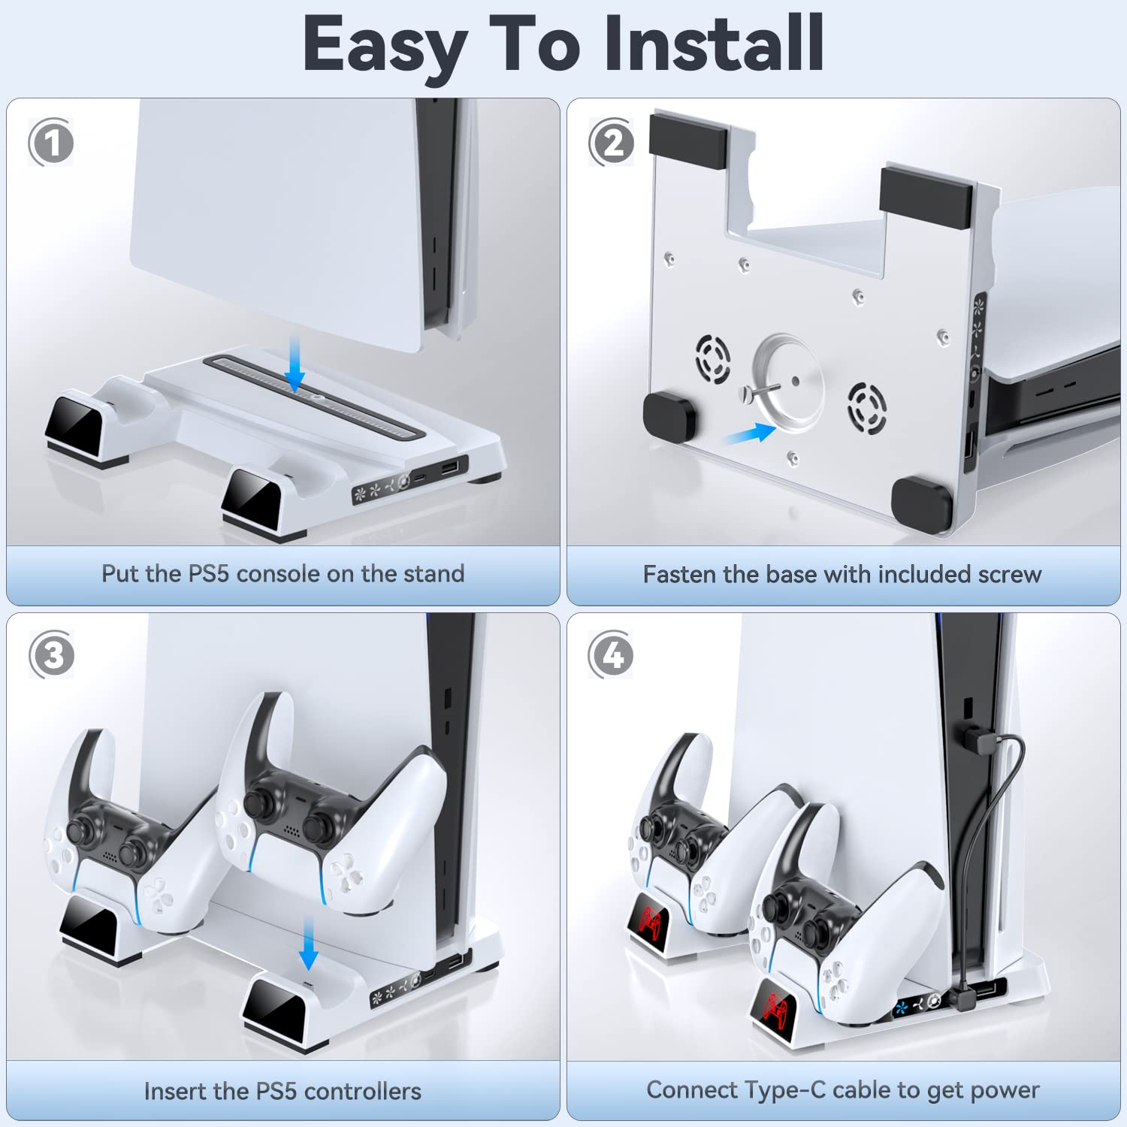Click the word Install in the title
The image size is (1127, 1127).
pos(715,44)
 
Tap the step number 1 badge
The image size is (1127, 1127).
pos(51,143)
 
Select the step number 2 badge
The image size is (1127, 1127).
pos(612,143)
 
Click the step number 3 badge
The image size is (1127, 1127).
pos(52,655)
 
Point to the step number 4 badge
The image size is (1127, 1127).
pos(612,655)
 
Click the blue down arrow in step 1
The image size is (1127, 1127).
pos(295,364)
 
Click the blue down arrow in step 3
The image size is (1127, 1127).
pos(308,943)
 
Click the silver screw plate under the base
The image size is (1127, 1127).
pos(787,383)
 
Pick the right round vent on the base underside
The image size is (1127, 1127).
pos(867,408)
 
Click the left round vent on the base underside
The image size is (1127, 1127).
pos(712,359)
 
